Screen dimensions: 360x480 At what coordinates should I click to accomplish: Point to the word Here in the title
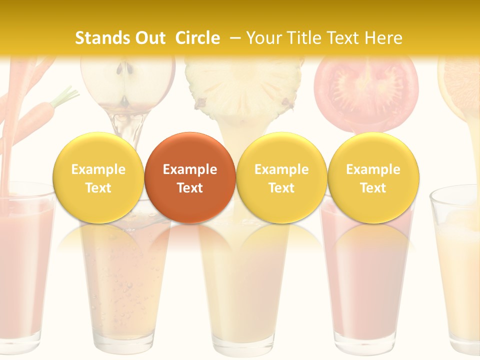[383, 38]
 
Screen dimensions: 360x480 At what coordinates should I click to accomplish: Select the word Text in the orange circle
[189, 188]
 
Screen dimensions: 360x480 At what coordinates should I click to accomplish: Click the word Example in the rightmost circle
[373, 169]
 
